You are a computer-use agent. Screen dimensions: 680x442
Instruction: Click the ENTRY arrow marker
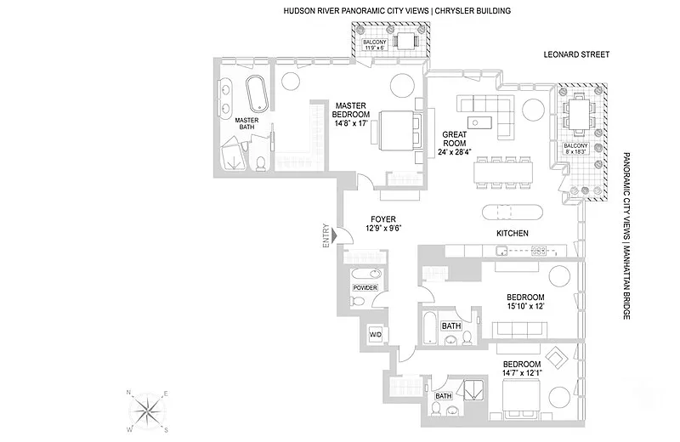pos(337,235)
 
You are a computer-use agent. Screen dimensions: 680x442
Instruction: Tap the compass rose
pos(148,411)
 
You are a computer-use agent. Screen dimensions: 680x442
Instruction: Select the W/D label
pos(375,334)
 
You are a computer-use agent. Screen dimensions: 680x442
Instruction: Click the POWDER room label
pos(365,288)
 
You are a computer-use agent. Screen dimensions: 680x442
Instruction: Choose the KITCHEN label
pos(513,233)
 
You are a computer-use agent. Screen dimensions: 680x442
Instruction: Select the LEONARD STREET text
pos(577,55)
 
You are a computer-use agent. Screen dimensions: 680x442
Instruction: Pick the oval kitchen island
pos(511,212)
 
